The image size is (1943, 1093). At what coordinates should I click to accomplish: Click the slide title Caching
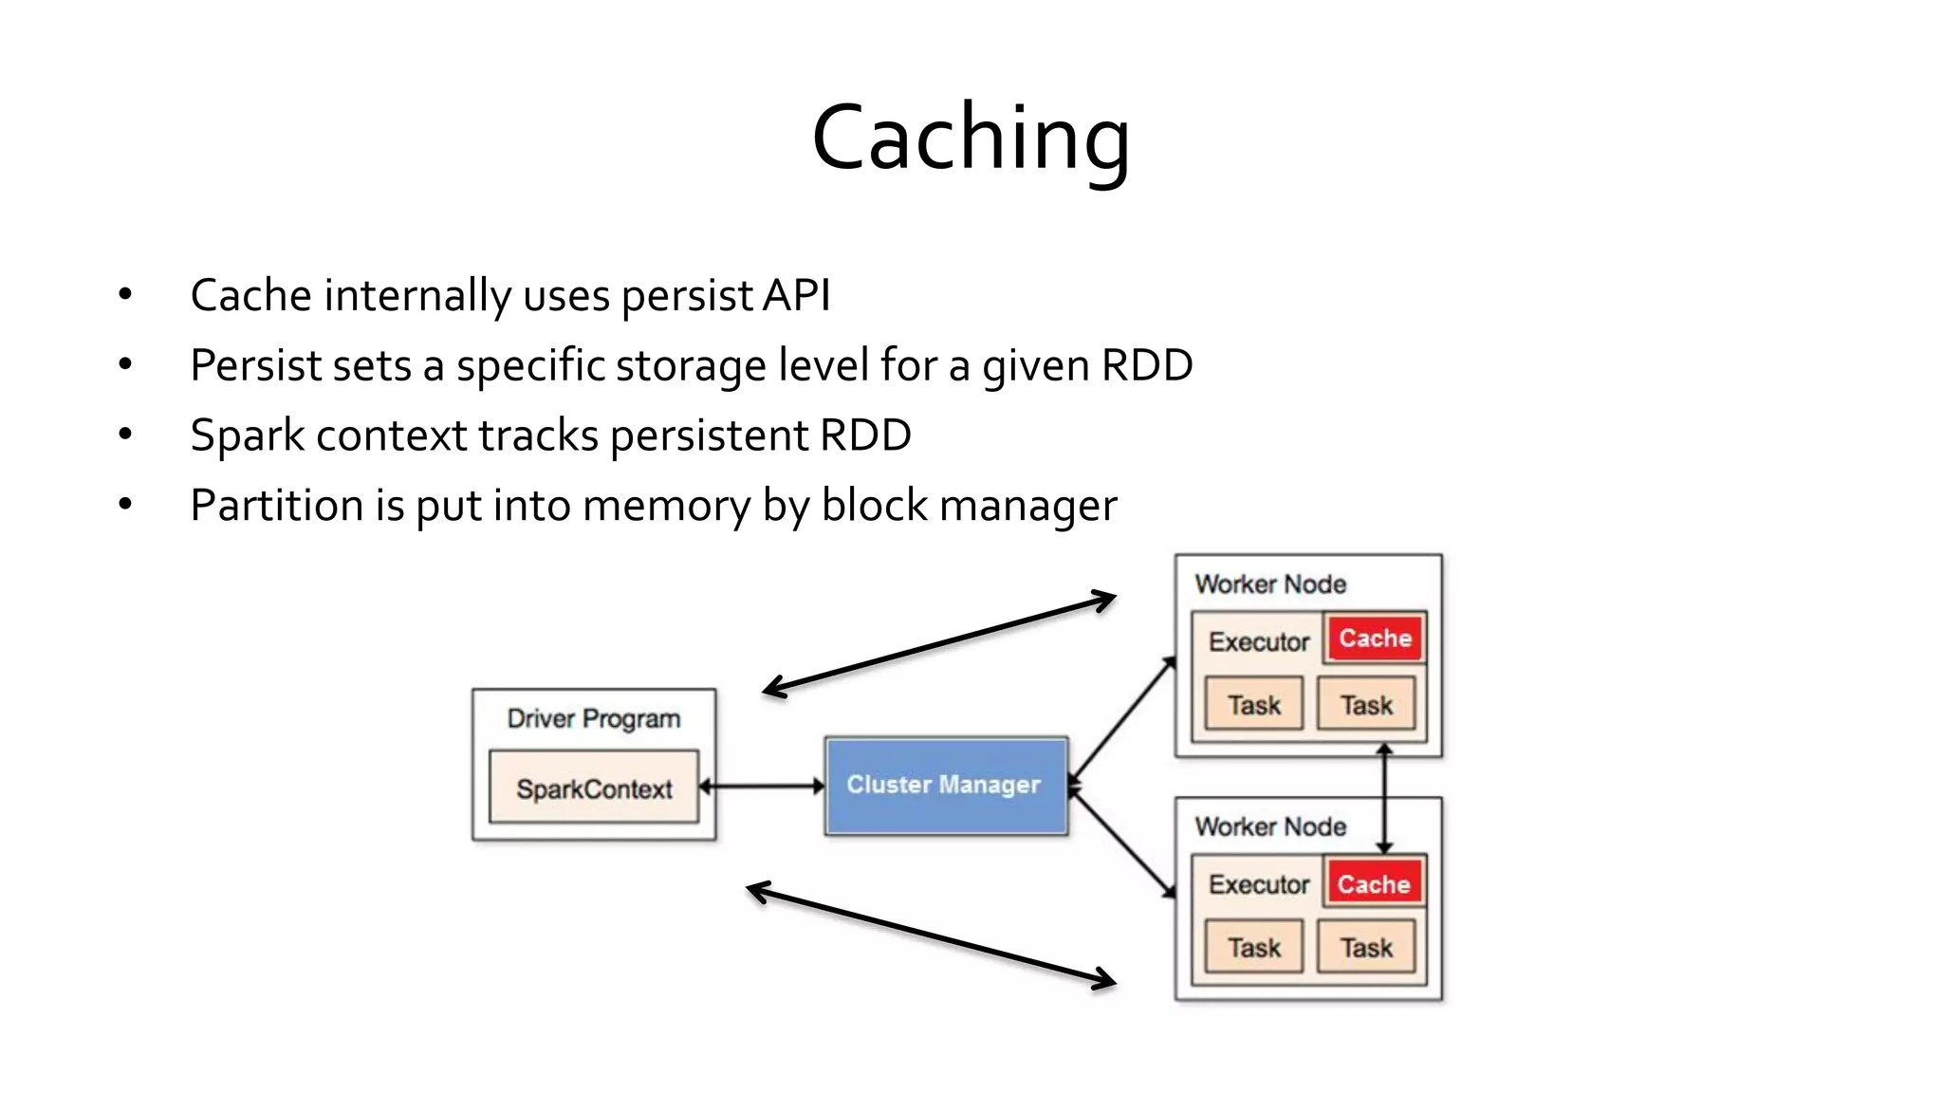tap(971, 139)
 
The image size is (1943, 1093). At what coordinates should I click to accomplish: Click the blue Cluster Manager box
tap(945, 786)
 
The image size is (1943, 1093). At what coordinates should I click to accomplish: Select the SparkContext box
tap(594, 788)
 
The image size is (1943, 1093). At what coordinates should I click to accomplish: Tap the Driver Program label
tap(594, 718)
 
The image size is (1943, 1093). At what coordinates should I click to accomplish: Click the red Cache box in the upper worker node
tap(1375, 639)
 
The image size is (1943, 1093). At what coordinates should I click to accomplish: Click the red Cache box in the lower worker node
tap(1374, 884)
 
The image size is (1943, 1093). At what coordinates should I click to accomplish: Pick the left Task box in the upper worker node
tap(1253, 705)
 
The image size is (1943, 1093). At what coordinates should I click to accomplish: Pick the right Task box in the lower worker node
tap(1366, 947)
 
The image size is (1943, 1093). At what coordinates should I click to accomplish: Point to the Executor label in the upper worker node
tap(1258, 642)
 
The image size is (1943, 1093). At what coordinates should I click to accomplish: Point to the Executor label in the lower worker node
tap(1258, 884)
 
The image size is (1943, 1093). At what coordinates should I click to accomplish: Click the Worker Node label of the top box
tap(1270, 584)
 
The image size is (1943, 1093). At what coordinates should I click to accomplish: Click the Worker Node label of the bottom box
tap(1270, 826)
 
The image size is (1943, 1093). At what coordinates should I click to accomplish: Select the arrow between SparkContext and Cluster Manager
tap(762, 787)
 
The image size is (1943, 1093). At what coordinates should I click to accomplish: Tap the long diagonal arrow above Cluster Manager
tap(939, 643)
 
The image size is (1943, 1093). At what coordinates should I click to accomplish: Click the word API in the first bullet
tap(797, 295)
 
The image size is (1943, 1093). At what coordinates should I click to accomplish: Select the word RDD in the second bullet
tap(1146, 365)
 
